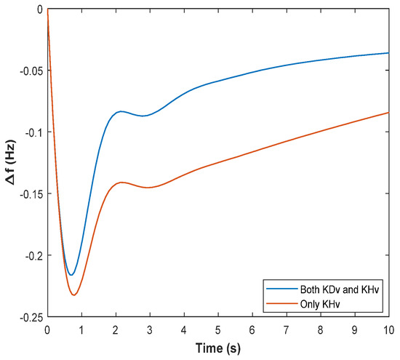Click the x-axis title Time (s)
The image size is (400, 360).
[217, 348]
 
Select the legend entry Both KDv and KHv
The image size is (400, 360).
[339, 289]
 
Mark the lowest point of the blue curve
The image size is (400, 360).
[71, 275]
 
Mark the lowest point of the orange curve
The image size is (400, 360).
[73, 295]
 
